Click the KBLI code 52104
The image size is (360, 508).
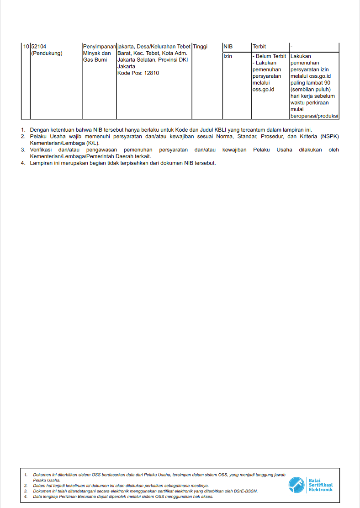point(39,47)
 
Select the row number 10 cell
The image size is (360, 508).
point(26,47)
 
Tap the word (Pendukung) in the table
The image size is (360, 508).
point(47,53)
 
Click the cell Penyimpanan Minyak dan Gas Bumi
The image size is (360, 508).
point(99,53)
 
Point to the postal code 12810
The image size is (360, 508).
point(151,73)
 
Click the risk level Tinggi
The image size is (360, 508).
point(200,47)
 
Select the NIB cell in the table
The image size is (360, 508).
point(228,47)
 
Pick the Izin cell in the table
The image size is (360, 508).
point(228,57)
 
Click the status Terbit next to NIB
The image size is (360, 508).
point(259,47)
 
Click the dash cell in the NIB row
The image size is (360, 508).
point(291,47)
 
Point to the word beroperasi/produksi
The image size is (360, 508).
point(314,116)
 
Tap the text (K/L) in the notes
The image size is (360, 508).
point(92,143)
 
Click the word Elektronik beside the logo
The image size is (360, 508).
point(321,490)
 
